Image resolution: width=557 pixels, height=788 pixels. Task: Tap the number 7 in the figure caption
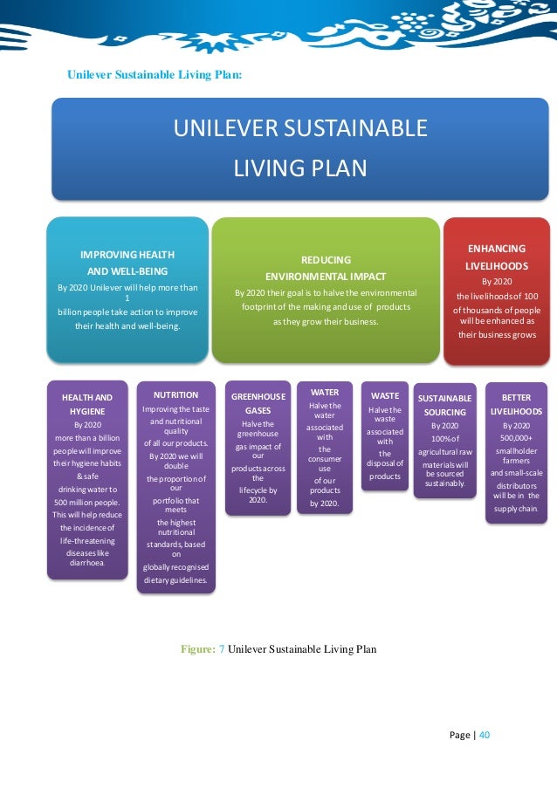coord(222,648)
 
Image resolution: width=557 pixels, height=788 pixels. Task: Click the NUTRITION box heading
coord(175,395)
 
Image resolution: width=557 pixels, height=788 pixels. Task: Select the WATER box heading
coord(325,393)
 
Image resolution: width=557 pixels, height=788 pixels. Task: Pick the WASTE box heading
coord(384,396)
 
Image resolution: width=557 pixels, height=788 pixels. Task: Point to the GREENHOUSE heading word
coord(258,396)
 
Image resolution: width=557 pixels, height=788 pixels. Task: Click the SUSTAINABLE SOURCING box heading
coord(444,405)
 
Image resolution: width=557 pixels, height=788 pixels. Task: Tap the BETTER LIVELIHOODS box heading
coord(516,404)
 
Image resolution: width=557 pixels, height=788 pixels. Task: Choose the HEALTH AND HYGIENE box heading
coord(86,404)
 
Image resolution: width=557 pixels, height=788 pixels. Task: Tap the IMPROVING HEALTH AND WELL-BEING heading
coord(127,262)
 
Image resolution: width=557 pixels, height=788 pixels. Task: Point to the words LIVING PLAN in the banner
coord(300,168)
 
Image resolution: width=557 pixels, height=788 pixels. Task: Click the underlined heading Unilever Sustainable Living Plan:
coord(155,75)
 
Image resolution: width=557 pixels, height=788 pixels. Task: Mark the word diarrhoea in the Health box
coord(86,563)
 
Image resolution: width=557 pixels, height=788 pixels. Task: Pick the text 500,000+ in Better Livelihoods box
coord(516,438)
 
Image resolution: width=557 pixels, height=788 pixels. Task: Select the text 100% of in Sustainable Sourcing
coord(444,438)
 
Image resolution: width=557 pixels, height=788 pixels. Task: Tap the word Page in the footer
coord(460,735)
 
